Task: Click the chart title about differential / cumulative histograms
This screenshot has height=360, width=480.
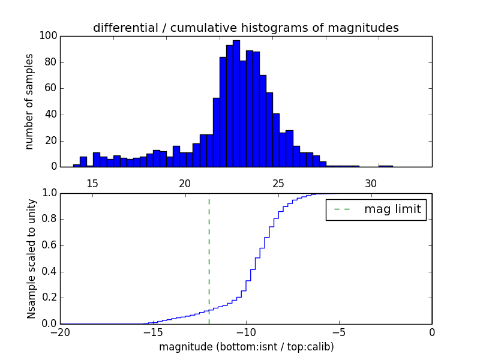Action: [x=245, y=28]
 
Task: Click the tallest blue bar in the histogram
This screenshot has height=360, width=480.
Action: [x=236, y=105]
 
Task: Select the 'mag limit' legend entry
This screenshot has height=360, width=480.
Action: [x=376, y=210]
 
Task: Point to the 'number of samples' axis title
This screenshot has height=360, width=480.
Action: [x=29, y=101]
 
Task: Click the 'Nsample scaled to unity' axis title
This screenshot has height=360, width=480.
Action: [x=31, y=259]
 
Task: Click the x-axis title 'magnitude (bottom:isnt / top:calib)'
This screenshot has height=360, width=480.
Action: [x=246, y=347]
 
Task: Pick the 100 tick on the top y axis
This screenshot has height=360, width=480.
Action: [x=49, y=36]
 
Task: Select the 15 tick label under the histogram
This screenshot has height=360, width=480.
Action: [x=92, y=183]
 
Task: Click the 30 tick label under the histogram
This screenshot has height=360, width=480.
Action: [x=371, y=183]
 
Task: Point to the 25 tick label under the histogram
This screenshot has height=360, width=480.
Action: [x=278, y=183]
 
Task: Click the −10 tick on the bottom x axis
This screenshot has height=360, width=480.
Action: [x=245, y=332]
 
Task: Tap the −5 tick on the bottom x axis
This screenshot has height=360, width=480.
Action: [x=338, y=332]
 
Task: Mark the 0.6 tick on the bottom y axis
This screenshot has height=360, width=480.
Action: [x=49, y=245]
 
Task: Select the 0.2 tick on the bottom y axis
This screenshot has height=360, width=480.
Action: [x=49, y=298]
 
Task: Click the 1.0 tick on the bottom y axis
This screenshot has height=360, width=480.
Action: [x=49, y=193]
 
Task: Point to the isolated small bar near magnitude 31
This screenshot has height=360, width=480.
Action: [x=386, y=166]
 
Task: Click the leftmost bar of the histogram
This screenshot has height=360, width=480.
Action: [x=76, y=165]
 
